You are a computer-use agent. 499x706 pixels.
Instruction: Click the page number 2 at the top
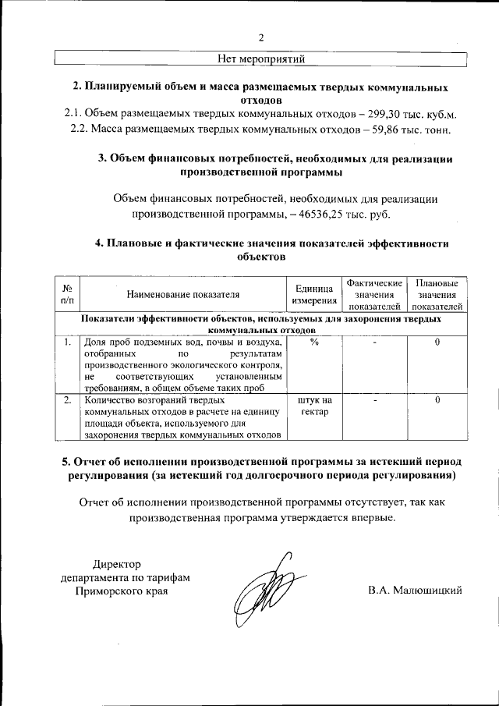(x=261, y=37)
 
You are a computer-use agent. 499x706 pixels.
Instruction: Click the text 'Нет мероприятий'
(x=261, y=58)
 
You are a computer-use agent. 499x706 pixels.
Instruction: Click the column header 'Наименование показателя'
(x=183, y=295)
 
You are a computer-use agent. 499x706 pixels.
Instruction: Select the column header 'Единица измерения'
(x=314, y=295)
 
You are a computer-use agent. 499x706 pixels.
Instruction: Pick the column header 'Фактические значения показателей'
(x=374, y=295)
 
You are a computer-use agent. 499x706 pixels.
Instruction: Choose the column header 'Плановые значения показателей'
(x=437, y=295)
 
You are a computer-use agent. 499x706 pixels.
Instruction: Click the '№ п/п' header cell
(x=67, y=295)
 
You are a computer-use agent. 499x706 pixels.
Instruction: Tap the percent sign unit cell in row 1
(x=314, y=342)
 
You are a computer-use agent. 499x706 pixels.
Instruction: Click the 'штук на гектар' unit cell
(x=314, y=406)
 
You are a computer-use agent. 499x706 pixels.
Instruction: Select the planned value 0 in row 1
(x=437, y=342)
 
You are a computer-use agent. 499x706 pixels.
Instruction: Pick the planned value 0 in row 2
(x=437, y=399)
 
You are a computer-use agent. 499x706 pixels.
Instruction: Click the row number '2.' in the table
(x=68, y=399)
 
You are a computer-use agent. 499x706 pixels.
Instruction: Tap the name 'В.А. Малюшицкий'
(x=416, y=590)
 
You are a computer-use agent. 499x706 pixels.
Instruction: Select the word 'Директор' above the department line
(x=119, y=563)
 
